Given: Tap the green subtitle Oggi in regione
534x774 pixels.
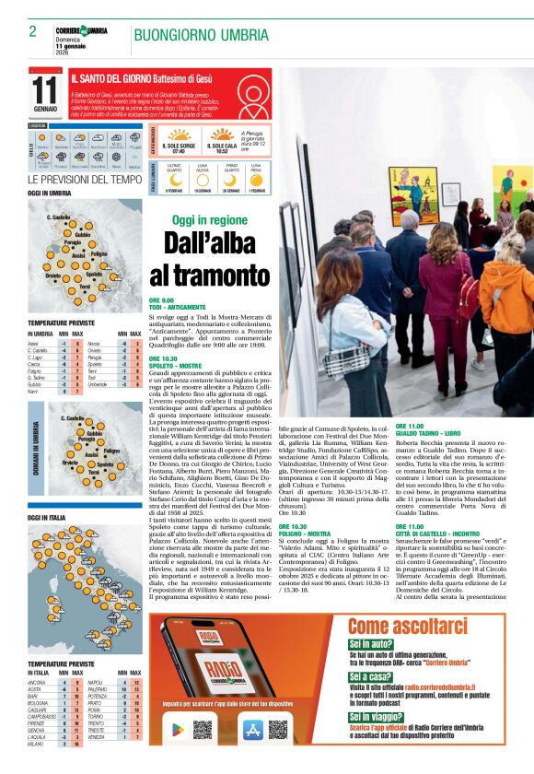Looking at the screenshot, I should [x=210, y=220].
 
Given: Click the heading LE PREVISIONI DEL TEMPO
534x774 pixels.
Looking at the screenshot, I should [x=85, y=179].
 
